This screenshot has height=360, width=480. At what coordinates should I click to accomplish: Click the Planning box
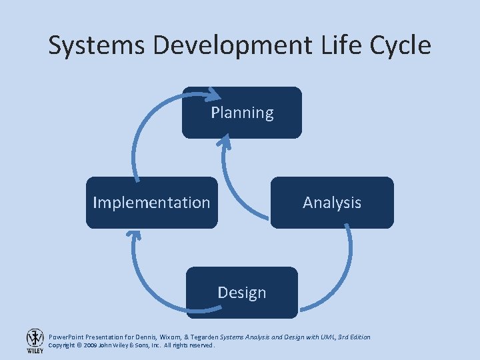click(242, 113)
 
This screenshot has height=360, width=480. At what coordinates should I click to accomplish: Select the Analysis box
click(332, 203)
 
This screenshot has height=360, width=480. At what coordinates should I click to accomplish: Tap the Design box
click(242, 293)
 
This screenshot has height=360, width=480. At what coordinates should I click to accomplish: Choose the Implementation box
click(151, 203)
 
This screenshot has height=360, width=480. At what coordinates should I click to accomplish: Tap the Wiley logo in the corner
click(35, 341)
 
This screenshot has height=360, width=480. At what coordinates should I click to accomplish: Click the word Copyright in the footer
click(62, 346)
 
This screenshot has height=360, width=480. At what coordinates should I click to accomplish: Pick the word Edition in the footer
click(358, 337)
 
